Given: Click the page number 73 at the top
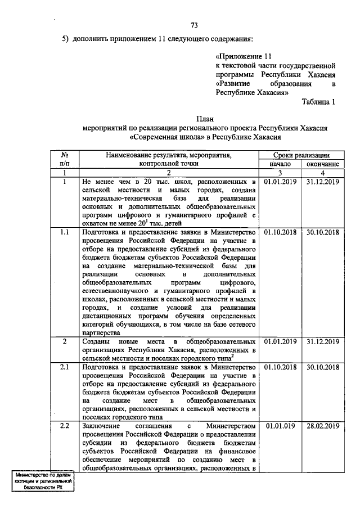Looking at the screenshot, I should point(194,25).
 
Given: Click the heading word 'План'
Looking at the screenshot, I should point(205,119).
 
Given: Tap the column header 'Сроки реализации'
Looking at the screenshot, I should point(301,154).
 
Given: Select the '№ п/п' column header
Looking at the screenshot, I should point(65,159).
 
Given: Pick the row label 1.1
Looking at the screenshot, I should point(65,232).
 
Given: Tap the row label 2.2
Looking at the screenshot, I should point(65,426).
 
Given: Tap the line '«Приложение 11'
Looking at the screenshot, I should point(244,57).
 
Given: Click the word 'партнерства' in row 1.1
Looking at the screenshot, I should point(100,332).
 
